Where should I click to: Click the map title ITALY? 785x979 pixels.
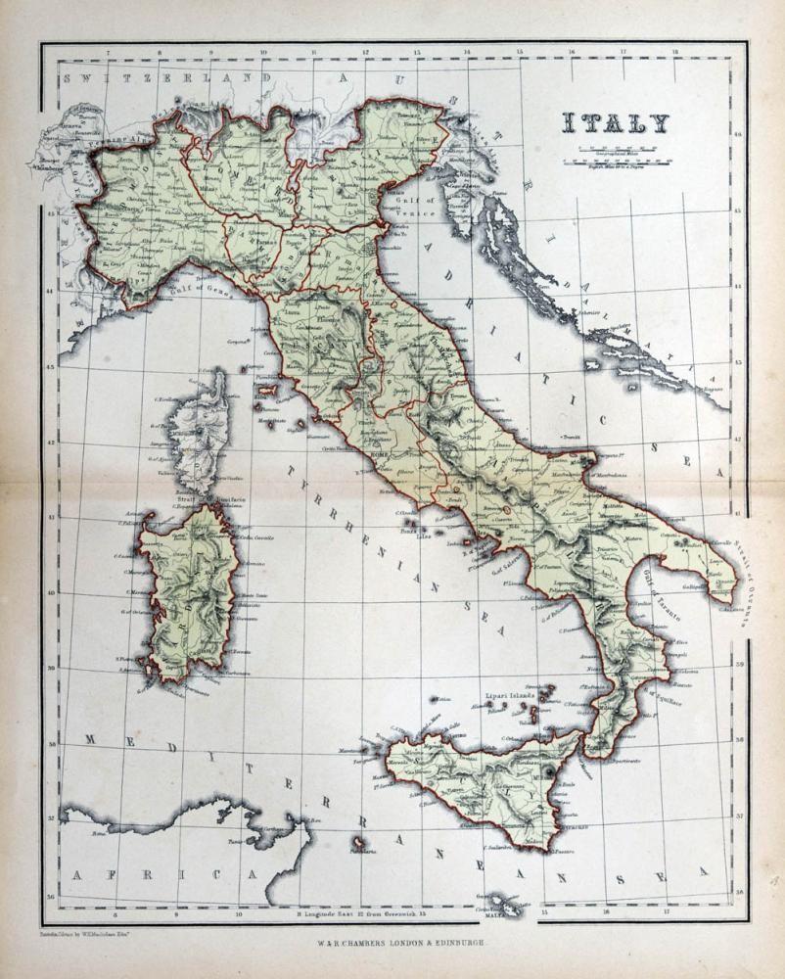click(615, 123)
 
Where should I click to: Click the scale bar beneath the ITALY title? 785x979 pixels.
click(615, 157)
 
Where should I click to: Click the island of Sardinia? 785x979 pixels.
click(189, 592)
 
